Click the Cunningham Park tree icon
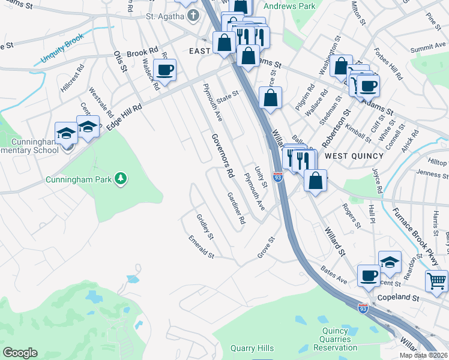point(121,178)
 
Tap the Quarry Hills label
point(252,348)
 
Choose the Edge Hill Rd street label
point(124,116)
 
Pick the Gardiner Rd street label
point(236,208)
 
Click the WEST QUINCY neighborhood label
point(354,156)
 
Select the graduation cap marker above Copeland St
point(390,262)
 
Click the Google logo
point(20,353)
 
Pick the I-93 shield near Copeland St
point(363,308)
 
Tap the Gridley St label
point(205,226)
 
